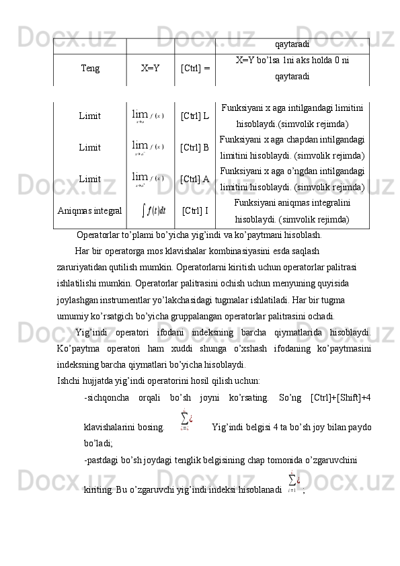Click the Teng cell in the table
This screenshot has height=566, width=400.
pos(91,68)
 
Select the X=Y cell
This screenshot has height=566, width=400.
pos(150,68)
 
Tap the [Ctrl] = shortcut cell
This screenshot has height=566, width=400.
pos(195,68)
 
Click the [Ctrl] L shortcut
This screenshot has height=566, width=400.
pos(195,116)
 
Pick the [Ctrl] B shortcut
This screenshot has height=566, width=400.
pos(195,147)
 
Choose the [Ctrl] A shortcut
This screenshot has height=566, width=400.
pos(195,179)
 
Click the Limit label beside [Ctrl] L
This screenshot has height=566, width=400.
pos(90,116)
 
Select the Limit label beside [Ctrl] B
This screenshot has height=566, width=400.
pos(90,147)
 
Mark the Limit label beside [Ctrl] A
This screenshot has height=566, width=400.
pos(90,179)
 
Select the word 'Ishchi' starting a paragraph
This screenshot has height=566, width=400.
pos(68,381)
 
